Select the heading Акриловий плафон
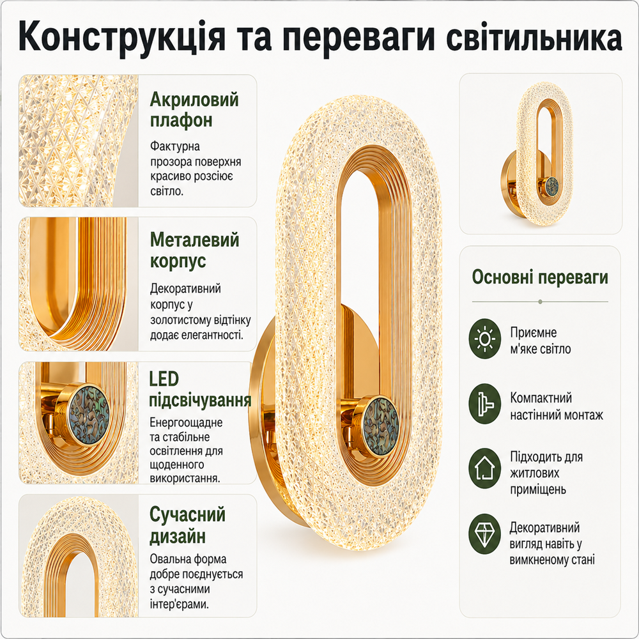(194, 110)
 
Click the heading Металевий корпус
(194, 250)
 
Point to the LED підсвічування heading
(199, 390)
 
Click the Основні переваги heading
(540, 277)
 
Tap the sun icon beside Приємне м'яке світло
(484, 339)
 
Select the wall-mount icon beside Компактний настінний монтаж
(484, 403)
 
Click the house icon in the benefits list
(484, 468)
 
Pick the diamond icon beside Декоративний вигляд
(484, 534)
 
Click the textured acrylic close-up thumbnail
(79, 141)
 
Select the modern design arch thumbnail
(79, 556)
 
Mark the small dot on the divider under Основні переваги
(540, 302)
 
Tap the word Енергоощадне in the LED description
(186, 422)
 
